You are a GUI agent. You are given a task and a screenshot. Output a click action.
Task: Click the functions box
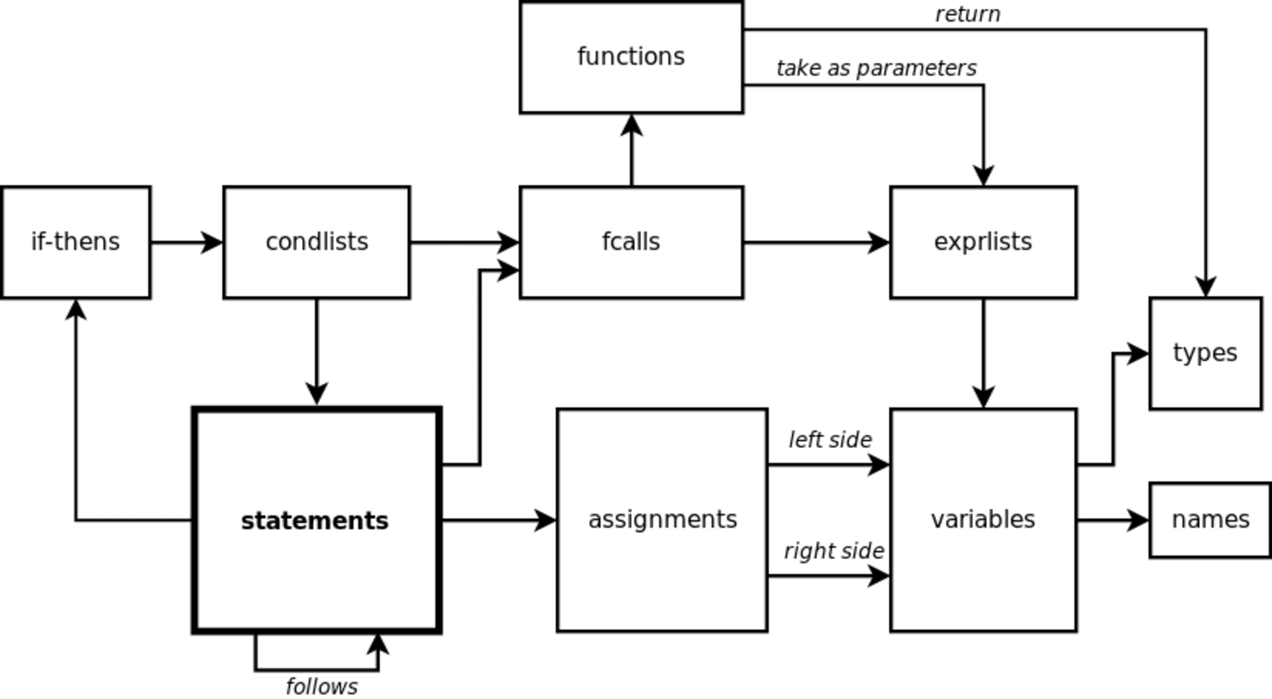click(x=631, y=58)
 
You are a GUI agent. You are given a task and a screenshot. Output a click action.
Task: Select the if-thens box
click(x=76, y=242)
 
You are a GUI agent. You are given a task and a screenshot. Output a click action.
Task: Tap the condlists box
click(x=317, y=242)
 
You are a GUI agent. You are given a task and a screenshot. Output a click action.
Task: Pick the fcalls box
click(x=631, y=242)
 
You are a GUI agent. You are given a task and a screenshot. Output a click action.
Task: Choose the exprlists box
click(x=983, y=242)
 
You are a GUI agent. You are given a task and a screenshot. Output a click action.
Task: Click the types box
click(x=1206, y=353)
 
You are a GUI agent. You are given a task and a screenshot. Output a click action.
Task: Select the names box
click(x=1210, y=520)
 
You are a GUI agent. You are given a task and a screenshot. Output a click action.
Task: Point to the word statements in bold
click(x=315, y=521)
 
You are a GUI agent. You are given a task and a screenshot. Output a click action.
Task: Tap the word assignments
click(x=662, y=520)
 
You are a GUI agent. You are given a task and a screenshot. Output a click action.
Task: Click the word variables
click(x=983, y=520)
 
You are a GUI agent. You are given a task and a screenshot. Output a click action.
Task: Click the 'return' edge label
click(x=967, y=15)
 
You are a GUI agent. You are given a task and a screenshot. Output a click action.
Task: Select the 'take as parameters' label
click(x=876, y=68)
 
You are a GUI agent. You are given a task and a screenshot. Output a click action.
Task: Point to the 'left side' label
click(x=830, y=440)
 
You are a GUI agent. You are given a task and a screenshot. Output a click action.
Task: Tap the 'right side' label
click(x=833, y=551)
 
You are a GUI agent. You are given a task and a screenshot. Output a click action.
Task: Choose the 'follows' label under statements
click(x=321, y=686)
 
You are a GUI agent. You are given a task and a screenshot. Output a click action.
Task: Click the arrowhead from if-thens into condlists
click(x=213, y=243)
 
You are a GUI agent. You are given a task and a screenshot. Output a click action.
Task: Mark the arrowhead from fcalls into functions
click(x=632, y=126)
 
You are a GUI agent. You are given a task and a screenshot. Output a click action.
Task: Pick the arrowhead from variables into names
click(x=1138, y=521)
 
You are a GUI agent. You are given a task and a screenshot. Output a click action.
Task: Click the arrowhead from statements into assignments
click(x=545, y=521)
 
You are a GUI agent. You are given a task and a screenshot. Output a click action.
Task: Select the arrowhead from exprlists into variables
click(x=983, y=397)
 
